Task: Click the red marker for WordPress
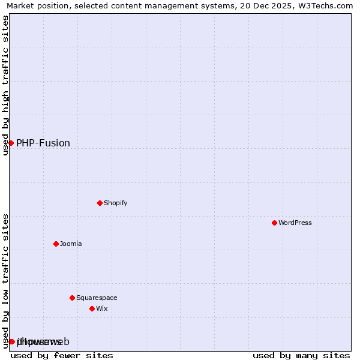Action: (x=274, y=223)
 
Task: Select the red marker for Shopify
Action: (x=100, y=203)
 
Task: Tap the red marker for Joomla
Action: (x=56, y=244)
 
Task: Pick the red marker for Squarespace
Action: (x=72, y=298)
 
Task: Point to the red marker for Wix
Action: (x=92, y=308)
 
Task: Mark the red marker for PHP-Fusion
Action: (x=11, y=143)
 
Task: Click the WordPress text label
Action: (x=295, y=223)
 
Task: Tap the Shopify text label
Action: (x=116, y=203)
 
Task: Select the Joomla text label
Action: (x=71, y=244)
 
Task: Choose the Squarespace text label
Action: (x=97, y=298)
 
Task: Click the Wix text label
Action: (x=102, y=308)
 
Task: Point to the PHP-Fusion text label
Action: (x=43, y=143)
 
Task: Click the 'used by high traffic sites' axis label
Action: (x=5, y=85)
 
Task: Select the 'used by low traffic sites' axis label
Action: (x=5, y=280)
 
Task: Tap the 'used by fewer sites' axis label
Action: (x=62, y=355)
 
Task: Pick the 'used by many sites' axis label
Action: (x=301, y=355)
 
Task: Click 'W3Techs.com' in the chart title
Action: (x=326, y=5)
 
